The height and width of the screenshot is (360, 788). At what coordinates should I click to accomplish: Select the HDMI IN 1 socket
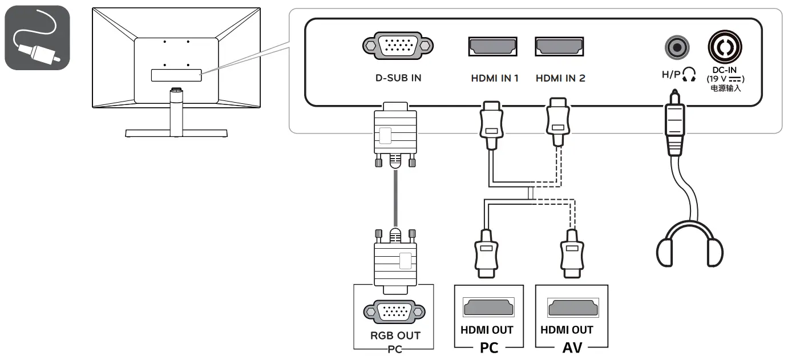492,46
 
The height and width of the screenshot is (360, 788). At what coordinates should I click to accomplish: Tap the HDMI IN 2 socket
559,46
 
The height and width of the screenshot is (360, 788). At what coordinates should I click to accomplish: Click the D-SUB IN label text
394,78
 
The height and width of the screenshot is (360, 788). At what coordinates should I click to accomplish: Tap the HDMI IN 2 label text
560,78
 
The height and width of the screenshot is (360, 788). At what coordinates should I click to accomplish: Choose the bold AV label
572,347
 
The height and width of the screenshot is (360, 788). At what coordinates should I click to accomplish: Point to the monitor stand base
177,134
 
